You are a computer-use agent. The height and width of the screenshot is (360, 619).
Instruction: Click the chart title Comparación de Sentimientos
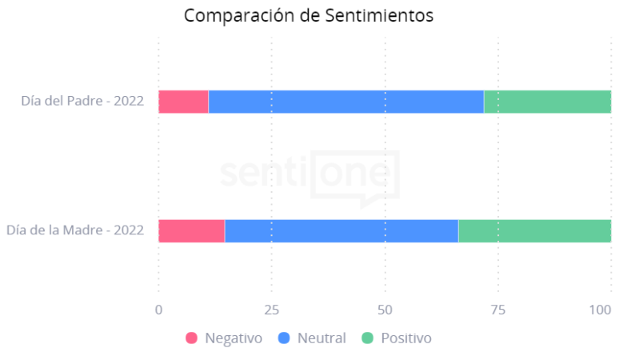309,16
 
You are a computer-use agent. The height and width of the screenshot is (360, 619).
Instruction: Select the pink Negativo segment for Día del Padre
183,102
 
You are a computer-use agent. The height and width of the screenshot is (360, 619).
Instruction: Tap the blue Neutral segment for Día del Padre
345,102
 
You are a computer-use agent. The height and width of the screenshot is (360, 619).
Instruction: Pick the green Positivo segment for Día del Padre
547,102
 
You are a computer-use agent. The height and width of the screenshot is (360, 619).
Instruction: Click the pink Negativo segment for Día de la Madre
191,230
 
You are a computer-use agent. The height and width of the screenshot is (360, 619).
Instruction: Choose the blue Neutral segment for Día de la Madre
341,230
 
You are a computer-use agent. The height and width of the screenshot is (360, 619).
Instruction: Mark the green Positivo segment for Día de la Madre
534,230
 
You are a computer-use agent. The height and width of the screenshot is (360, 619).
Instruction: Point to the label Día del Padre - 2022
82,101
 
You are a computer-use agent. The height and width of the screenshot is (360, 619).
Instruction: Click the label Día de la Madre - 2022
75,230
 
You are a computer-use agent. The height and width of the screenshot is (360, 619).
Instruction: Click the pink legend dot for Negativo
192,338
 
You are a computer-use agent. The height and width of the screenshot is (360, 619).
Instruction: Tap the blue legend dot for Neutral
284,338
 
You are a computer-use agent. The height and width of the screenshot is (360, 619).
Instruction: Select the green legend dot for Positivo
368,338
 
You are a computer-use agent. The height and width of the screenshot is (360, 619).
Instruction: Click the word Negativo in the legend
234,338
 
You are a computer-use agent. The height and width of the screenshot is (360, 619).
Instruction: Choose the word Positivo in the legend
406,338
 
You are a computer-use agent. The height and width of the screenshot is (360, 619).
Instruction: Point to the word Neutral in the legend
321,338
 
